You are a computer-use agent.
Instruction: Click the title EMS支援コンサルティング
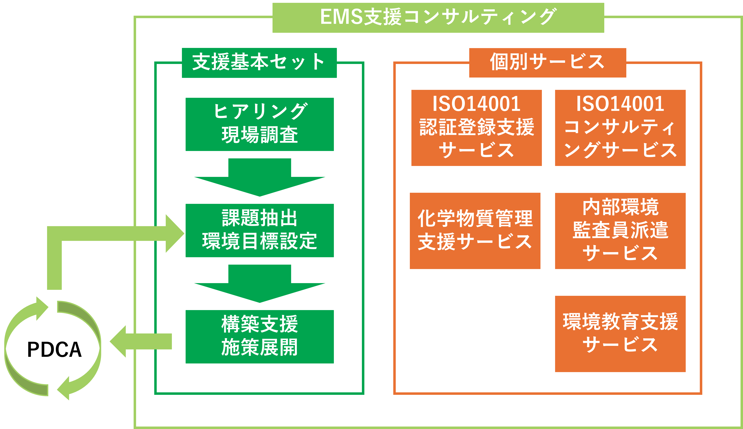coord(438,17)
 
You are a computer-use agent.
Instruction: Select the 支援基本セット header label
coord(259,63)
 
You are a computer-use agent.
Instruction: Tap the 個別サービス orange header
coord(547,63)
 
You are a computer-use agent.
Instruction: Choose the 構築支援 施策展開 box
coord(259,337)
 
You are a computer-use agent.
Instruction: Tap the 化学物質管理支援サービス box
coord(475,231)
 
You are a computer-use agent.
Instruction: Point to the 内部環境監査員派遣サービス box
coord(620,231)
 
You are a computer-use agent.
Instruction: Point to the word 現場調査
coord(259,135)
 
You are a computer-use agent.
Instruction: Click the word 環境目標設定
coord(259,241)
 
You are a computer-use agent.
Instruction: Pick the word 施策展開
coord(259,348)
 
